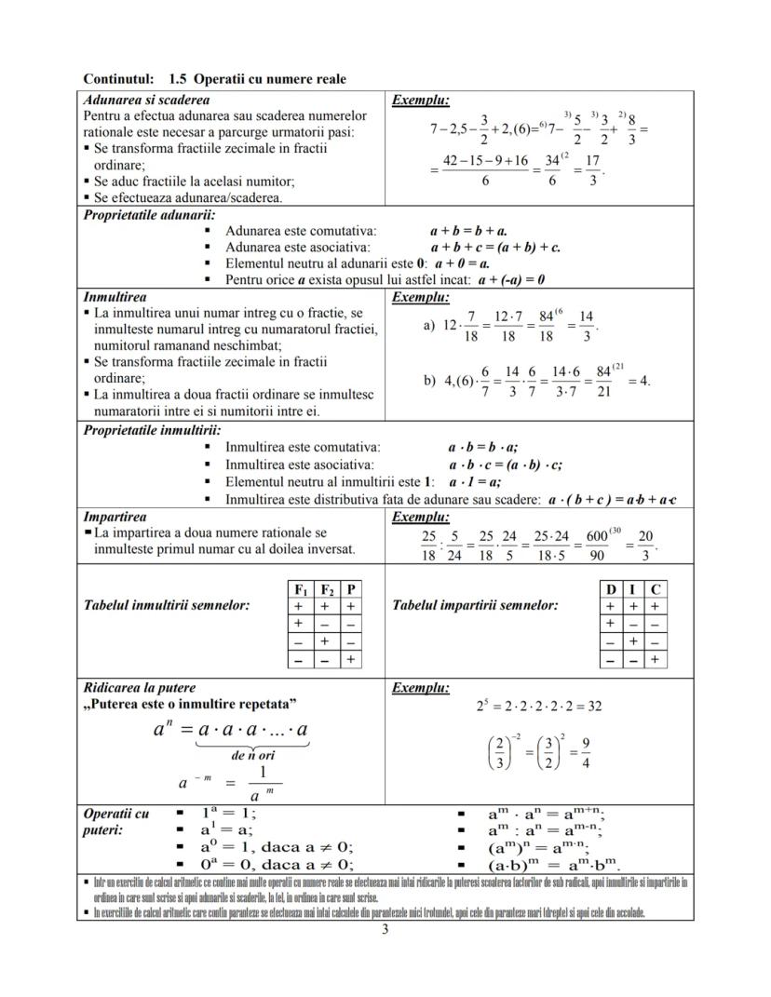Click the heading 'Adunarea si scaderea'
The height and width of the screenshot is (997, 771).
coord(146,100)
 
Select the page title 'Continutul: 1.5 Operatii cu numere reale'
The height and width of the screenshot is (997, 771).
coord(214,79)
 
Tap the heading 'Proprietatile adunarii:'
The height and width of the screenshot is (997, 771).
coord(150,215)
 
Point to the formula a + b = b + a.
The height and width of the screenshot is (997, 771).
coord(468,231)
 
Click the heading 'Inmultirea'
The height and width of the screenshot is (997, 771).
coord(115,298)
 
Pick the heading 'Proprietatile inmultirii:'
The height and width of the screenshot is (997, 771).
coord(153,431)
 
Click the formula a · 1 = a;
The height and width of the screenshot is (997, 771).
coord(475,482)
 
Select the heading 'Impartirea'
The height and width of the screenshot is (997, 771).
coord(115,517)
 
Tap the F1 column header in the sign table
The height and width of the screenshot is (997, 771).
coord(301,590)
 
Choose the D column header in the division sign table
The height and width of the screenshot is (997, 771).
coord(611,590)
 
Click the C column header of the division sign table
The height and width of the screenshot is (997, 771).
coord(656,590)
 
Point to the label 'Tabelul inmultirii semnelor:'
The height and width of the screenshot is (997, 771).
coord(168,606)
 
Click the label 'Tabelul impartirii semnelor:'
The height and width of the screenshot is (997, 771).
coord(476,606)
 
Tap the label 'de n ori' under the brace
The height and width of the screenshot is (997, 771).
coord(252,756)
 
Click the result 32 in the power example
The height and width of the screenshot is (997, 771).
coord(592,707)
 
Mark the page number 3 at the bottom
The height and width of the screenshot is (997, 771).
coord(385,928)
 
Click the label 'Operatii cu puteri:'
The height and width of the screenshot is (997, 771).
coord(116,822)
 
